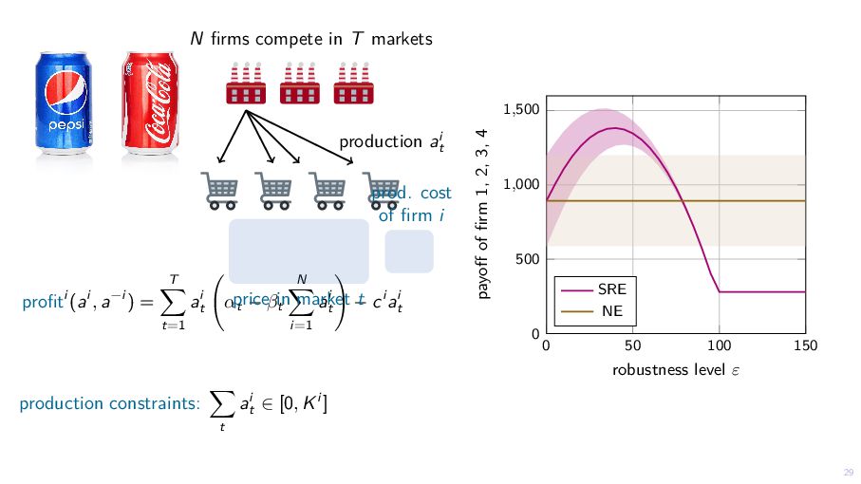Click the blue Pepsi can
click(63, 102)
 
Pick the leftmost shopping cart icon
click(219, 190)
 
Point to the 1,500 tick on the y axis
click(521, 110)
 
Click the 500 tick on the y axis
click(528, 259)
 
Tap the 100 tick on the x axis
click(720, 345)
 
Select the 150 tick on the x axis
click(805, 345)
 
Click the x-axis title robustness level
click(675, 369)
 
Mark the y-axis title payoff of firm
click(483, 214)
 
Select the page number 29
click(848, 473)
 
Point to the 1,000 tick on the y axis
click(521, 185)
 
